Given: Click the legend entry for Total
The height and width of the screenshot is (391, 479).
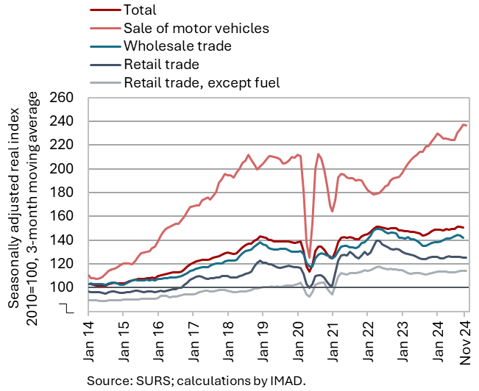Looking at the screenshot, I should pyautogui.click(x=141, y=10).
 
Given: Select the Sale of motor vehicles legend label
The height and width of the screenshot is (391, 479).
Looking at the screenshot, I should pyautogui.click(x=196, y=29).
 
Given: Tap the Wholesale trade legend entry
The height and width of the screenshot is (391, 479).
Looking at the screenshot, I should pyautogui.click(x=177, y=46).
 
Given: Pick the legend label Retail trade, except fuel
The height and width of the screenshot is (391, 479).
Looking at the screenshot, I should pyautogui.click(x=202, y=82).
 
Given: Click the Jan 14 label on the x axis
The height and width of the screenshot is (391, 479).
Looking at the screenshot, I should pyautogui.click(x=88, y=344).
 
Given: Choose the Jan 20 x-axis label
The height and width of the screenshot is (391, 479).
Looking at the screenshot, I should pyautogui.click(x=297, y=344).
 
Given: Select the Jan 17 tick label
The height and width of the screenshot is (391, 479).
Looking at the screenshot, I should pyautogui.click(x=192, y=344).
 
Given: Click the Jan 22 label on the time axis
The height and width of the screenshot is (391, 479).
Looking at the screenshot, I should pyautogui.click(x=367, y=344).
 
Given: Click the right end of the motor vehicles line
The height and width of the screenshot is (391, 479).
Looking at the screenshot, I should pyautogui.click(x=466, y=126).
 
